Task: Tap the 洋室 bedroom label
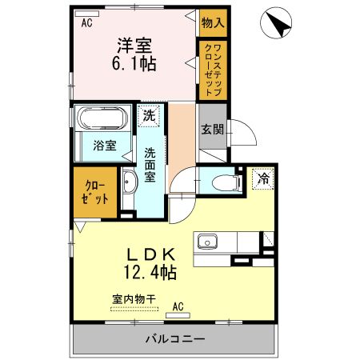136,46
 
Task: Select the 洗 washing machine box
148,116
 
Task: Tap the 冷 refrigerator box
263,180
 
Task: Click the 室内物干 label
134,298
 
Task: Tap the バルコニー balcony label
174,338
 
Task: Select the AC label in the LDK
178,305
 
